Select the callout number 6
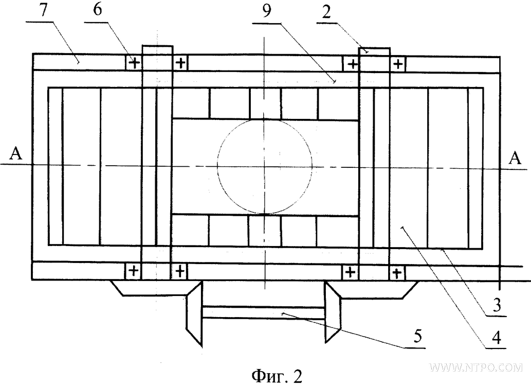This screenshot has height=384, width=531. tap(97, 10)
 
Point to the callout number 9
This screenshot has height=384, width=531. tap(266, 12)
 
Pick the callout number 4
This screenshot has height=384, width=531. tap(496, 338)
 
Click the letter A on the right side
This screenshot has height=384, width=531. tap(515, 158)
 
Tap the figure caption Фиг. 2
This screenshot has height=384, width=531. tap(277, 376)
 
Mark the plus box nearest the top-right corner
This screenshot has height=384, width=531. tap(398, 63)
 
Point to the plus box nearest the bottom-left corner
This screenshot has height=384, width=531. tap(134, 271)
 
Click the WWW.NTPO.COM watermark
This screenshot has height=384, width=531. tap(477, 368)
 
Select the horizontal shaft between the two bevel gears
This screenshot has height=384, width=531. tap(264, 312)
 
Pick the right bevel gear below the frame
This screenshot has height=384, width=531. tap(333, 312)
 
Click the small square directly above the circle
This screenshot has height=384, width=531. tap(265, 103)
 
